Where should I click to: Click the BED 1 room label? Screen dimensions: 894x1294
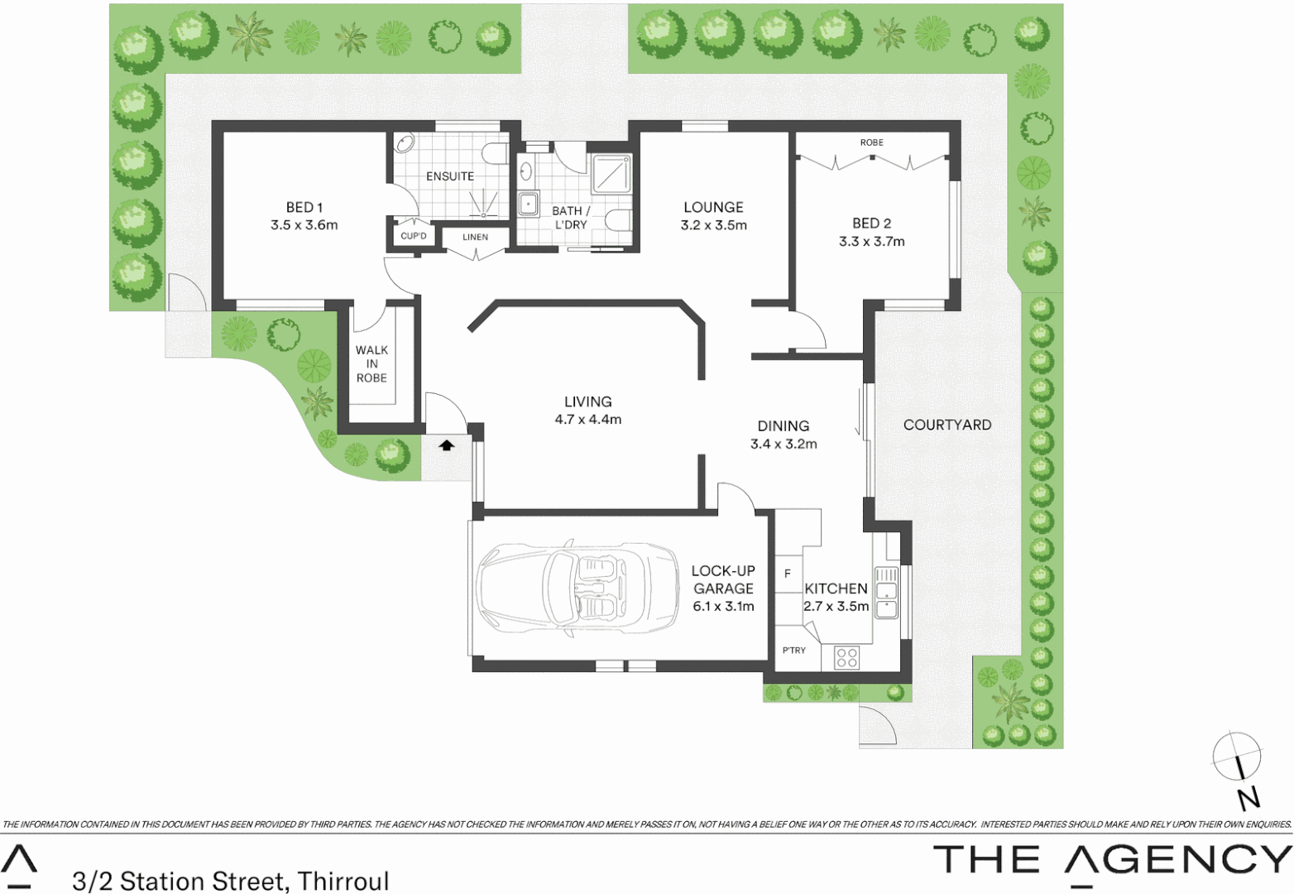[x=304, y=207]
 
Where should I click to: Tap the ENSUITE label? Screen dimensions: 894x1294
[x=450, y=176]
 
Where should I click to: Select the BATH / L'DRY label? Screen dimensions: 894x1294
[x=570, y=218]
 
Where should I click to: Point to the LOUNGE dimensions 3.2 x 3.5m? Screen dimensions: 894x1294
[x=713, y=225]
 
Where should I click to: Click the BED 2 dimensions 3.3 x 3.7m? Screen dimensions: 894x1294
[x=871, y=242]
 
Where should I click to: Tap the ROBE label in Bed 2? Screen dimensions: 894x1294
[x=871, y=142]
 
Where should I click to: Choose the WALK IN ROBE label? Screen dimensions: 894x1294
[x=371, y=363]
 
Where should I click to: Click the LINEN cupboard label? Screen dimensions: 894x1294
[x=475, y=238]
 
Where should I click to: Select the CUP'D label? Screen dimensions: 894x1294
[x=413, y=236]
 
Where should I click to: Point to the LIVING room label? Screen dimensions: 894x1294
[x=587, y=401]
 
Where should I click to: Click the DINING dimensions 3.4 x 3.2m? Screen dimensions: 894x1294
[x=783, y=444]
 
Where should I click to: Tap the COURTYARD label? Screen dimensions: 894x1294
[x=947, y=425]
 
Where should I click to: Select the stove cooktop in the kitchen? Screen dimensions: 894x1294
[x=846, y=657]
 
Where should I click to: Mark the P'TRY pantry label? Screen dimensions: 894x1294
[x=793, y=651]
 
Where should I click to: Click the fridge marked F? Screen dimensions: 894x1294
[x=787, y=574]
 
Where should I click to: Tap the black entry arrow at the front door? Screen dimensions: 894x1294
[x=447, y=445]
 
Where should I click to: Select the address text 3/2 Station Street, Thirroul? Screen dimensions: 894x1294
[x=230, y=881]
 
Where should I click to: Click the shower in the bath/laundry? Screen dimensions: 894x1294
[x=611, y=175]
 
